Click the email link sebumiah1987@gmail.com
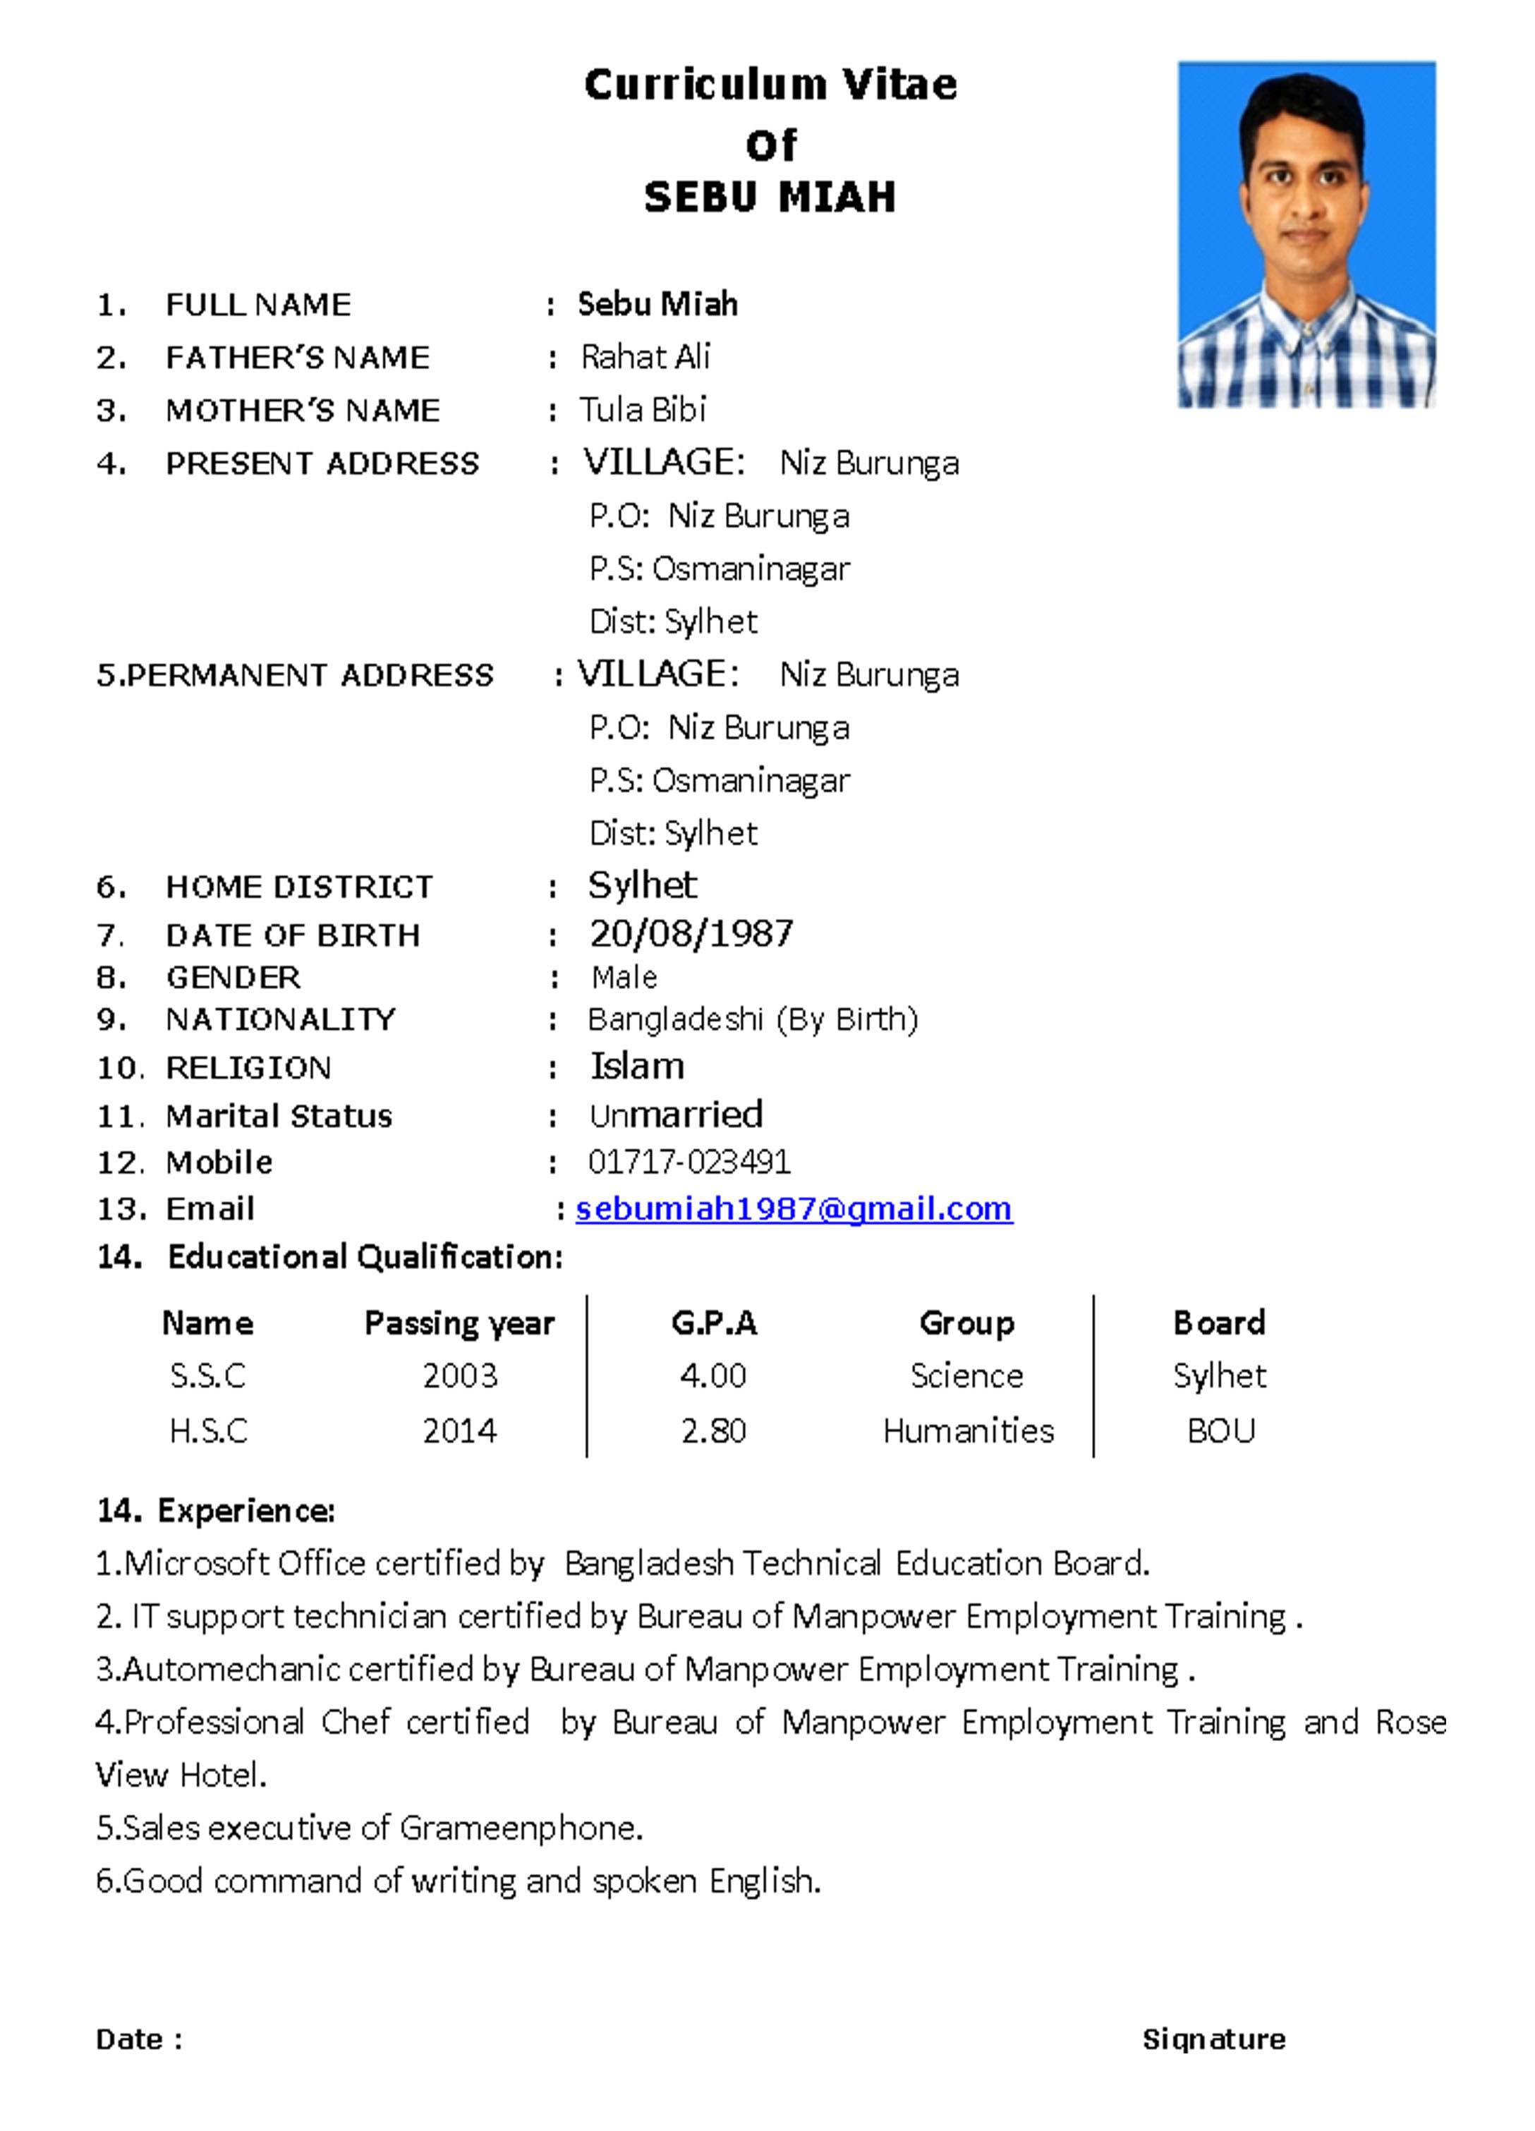(x=793, y=1208)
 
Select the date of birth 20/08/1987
(x=691, y=933)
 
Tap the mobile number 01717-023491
(x=688, y=1162)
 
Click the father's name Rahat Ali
(x=645, y=357)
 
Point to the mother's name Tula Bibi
(x=642, y=410)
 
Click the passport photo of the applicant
(x=1306, y=235)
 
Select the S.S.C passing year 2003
(x=459, y=1376)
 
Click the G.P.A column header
(x=713, y=1323)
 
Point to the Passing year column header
(x=459, y=1323)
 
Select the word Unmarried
(x=675, y=1115)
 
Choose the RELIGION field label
(x=248, y=1067)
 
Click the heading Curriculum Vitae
(x=770, y=85)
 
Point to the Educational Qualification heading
(x=365, y=1256)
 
